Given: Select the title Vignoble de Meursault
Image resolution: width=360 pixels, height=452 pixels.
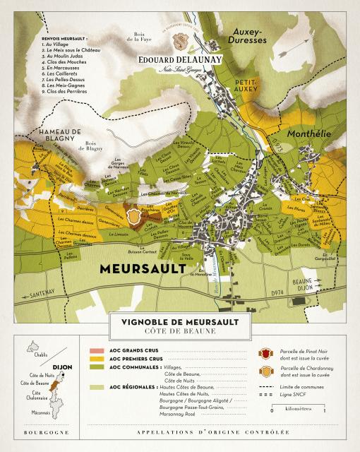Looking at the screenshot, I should [179, 321].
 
